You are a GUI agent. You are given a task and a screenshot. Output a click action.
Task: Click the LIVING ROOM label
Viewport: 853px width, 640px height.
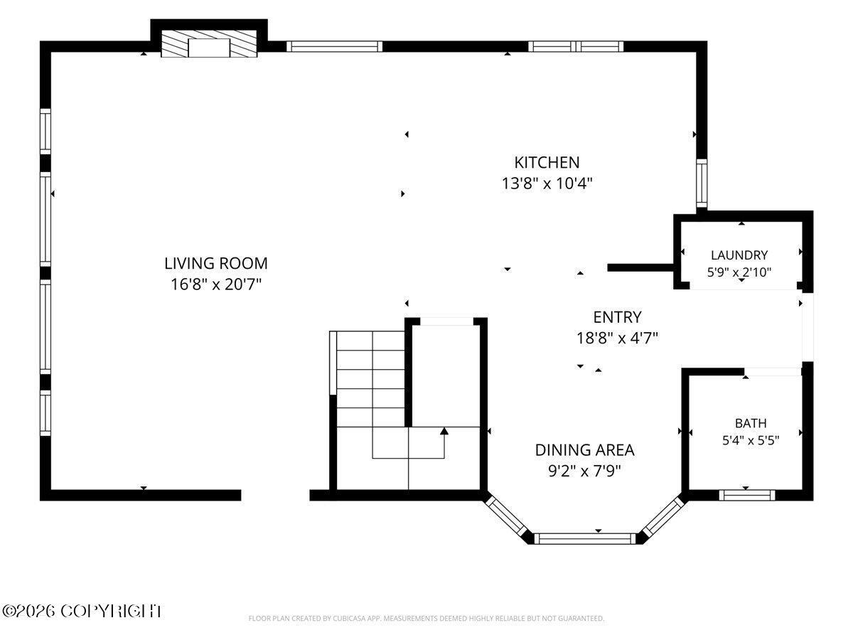pyautogui.click(x=215, y=263)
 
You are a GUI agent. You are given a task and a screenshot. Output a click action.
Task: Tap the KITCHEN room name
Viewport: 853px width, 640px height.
pyautogui.click(x=547, y=162)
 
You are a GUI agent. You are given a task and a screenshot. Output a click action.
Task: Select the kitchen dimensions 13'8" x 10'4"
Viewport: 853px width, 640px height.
pyautogui.click(x=547, y=183)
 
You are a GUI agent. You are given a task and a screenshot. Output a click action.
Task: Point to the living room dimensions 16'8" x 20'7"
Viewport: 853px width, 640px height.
pyautogui.click(x=215, y=284)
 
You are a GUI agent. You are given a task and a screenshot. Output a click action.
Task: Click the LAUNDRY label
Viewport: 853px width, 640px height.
pyautogui.click(x=739, y=255)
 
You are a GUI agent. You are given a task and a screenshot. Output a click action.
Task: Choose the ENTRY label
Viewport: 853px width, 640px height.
pyautogui.click(x=617, y=317)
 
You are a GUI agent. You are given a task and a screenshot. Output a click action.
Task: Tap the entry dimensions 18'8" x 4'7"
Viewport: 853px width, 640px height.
pyautogui.click(x=617, y=338)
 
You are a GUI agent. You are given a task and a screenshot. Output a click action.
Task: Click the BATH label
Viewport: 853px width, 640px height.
pyautogui.click(x=751, y=423)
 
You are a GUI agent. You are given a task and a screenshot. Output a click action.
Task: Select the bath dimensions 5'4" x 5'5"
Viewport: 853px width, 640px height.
pyautogui.click(x=751, y=441)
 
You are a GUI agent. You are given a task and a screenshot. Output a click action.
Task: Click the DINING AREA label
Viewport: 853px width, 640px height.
pyautogui.click(x=584, y=450)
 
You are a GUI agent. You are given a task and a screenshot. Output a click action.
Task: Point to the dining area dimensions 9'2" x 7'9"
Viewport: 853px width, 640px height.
pyautogui.click(x=584, y=471)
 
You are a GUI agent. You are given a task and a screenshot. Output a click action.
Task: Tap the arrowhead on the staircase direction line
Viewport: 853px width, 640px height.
pyautogui.click(x=444, y=431)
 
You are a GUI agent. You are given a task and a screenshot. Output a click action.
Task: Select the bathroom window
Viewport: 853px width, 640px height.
pyautogui.click(x=747, y=495)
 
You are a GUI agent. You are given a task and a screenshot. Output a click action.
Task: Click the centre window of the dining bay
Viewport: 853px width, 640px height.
pyautogui.click(x=585, y=538)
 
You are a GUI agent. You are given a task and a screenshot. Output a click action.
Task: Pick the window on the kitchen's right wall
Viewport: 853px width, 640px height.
pyautogui.click(x=702, y=183)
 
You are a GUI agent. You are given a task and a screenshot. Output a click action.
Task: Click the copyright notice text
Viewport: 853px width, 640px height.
pyautogui.click(x=82, y=612)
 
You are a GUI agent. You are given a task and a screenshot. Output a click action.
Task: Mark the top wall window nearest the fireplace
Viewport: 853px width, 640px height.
pyautogui.click(x=334, y=46)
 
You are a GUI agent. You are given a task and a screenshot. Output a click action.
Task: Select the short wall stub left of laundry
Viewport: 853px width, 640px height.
pyautogui.click(x=640, y=268)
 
